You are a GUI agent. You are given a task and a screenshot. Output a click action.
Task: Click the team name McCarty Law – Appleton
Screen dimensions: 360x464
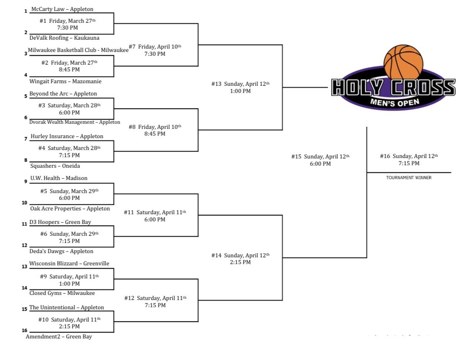(62, 9)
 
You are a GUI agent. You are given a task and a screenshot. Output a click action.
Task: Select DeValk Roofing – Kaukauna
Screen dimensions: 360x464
(61, 38)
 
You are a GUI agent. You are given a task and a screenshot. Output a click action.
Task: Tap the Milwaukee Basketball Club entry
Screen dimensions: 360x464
(78, 50)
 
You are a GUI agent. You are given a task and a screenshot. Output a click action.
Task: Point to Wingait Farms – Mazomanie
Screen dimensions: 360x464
(65, 81)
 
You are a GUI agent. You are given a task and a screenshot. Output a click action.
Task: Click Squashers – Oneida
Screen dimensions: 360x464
(55, 166)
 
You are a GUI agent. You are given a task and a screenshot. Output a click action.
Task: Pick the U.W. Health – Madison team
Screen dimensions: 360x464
(59, 178)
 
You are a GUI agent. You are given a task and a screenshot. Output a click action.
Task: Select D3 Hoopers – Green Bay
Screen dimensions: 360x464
(60, 222)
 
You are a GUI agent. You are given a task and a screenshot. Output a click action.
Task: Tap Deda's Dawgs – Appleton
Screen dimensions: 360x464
(61, 251)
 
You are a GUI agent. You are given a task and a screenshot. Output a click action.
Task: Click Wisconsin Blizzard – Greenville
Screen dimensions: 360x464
(69, 263)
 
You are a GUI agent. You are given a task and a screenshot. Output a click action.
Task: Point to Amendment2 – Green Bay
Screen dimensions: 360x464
(59, 336)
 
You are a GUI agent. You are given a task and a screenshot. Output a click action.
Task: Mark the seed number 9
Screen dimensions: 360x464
(25, 182)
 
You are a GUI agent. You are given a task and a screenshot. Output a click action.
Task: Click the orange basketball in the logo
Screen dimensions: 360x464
(403, 61)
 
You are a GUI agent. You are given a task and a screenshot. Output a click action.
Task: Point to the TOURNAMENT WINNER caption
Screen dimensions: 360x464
(409, 178)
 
